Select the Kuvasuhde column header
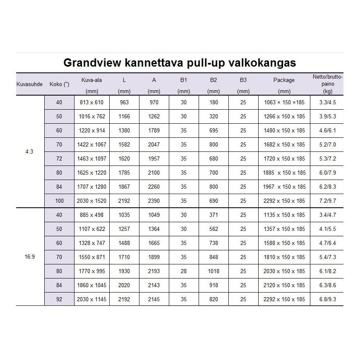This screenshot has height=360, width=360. pos(29,84)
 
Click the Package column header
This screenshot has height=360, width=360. pos(284,80)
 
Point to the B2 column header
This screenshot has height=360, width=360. pos(214,80)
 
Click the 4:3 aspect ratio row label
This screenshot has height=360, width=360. pos(29,151)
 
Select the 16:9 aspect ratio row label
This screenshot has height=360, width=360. pos(29,257)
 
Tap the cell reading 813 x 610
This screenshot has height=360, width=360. pos(91,102)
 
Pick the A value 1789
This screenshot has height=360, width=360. pos(154,130)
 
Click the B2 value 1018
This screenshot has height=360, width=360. pos(214,271)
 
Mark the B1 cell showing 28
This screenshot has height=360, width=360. pos(184,271)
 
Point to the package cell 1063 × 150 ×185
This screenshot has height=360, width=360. pos(284,102)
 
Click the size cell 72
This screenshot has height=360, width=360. pos(59,158)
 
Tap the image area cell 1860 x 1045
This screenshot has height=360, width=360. pos(91,285)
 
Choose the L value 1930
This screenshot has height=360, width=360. pos(124,271)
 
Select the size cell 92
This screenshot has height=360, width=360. pos(59,299)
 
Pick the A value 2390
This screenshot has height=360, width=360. pos(154,201)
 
